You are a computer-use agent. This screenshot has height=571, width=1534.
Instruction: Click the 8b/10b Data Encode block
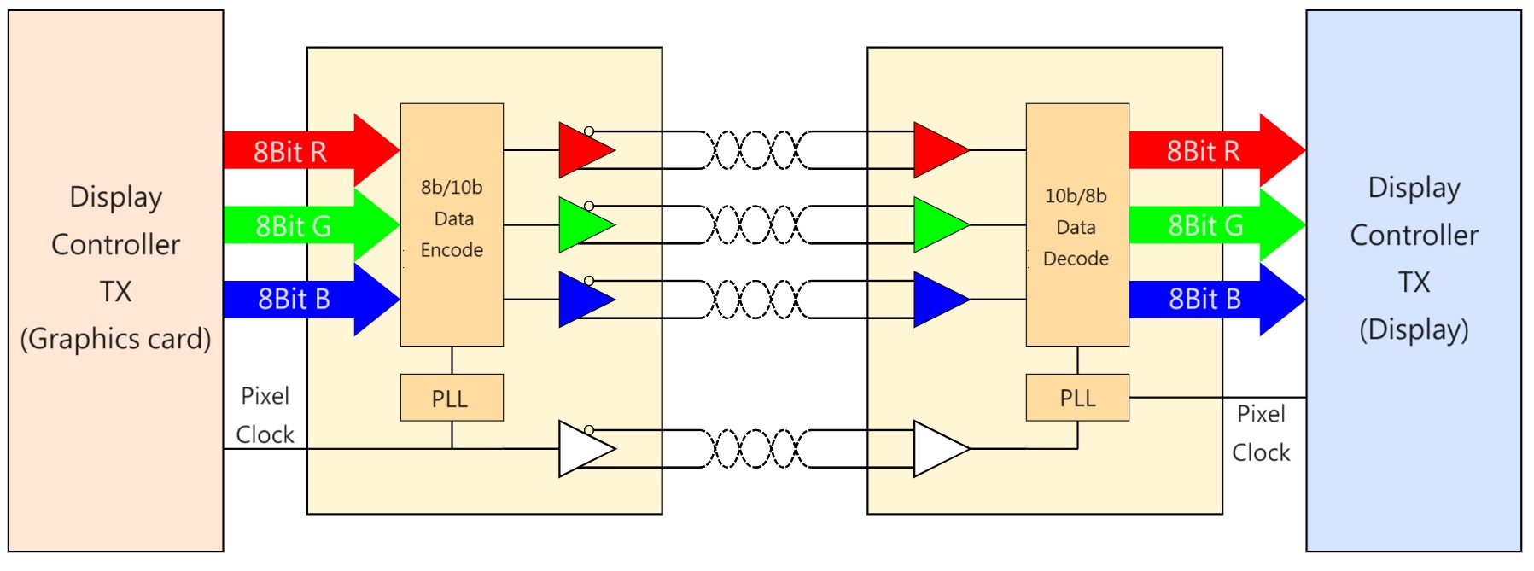tap(452, 224)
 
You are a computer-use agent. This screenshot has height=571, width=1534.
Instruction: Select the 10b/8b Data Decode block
tap(1076, 225)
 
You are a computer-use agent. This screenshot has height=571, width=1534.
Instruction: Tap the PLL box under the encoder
tap(452, 398)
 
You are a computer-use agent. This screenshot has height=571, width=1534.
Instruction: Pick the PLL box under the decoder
tap(1076, 398)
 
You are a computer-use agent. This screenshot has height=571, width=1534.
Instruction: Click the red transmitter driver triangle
tap(581, 150)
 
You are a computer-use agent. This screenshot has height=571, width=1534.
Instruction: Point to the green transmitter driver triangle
tap(581, 225)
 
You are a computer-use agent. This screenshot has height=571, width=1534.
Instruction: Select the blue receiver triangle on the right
tap(936, 300)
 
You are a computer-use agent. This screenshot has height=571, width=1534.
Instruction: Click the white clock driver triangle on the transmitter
tap(581, 449)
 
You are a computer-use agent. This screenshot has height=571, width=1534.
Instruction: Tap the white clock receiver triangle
tap(936, 449)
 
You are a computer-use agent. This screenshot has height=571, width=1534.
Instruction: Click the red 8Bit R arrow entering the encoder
tap(307, 151)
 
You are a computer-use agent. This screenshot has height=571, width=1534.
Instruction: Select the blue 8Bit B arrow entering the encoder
tap(307, 300)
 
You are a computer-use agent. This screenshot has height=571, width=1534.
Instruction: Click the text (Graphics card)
tap(115, 339)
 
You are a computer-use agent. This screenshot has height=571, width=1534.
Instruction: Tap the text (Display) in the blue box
tap(1414, 329)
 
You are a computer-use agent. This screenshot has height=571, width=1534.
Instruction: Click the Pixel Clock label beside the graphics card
tap(265, 416)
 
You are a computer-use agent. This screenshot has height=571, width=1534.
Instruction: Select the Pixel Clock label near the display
tap(1261, 434)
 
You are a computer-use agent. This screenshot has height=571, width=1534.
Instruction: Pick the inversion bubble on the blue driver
tap(589, 281)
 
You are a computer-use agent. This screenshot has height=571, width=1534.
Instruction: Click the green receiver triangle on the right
tap(936, 225)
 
